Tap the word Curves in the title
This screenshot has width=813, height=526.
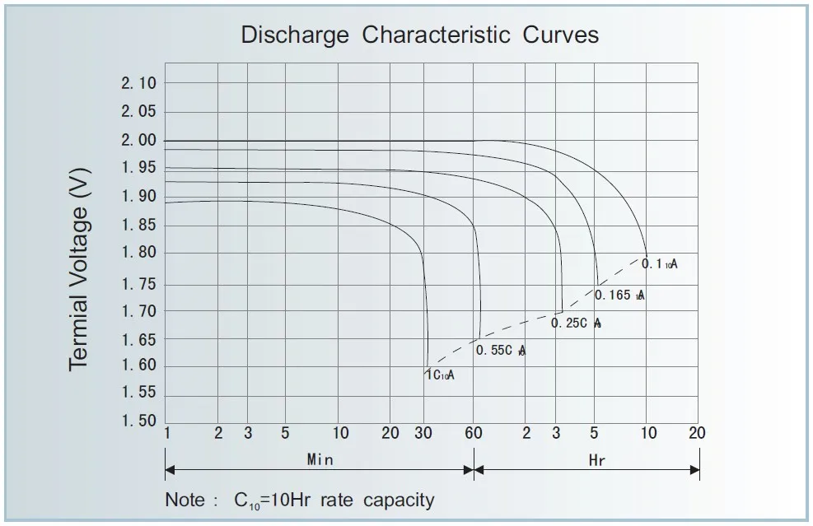point(560,35)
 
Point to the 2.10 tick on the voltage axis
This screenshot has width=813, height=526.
point(138,83)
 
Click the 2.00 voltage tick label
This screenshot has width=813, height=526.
point(138,141)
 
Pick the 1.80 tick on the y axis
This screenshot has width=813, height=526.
point(138,253)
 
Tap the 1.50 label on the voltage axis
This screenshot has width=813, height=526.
point(138,421)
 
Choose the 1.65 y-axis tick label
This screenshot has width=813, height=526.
point(138,339)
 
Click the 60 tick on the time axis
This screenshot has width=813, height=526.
point(473,434)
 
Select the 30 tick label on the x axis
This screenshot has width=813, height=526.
point(423,434)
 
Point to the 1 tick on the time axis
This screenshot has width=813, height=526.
point(167,434)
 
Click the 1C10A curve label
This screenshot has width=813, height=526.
point(439,375)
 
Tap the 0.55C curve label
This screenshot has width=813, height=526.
point(500,351)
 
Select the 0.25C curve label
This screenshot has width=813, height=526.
point(576,324)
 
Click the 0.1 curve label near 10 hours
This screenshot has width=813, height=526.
point(659,264)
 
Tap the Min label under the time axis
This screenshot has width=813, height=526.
point(320,460)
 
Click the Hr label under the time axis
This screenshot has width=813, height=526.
point(597,461)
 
